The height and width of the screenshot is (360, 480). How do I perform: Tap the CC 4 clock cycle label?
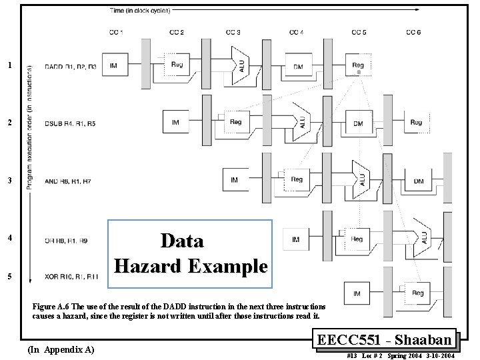point(297,32)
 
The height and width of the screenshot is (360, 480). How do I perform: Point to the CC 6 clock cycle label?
point(413,32)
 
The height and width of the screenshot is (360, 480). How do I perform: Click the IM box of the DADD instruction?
point(113,65)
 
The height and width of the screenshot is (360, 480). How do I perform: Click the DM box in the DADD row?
point(297,65)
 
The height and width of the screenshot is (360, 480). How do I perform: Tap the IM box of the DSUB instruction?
point(175,123)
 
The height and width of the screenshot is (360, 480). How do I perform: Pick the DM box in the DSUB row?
point(358,123)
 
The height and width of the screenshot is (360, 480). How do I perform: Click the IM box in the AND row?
point(235,180)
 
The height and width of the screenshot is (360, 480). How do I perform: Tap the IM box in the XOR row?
point(358,293)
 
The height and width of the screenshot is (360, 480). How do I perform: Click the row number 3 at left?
point(9,181)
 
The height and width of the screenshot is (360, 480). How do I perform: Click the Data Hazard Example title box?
point(191,253)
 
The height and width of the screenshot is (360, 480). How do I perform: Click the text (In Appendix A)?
point(59,349)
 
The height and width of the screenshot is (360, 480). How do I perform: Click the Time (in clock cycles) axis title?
point(141,11)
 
